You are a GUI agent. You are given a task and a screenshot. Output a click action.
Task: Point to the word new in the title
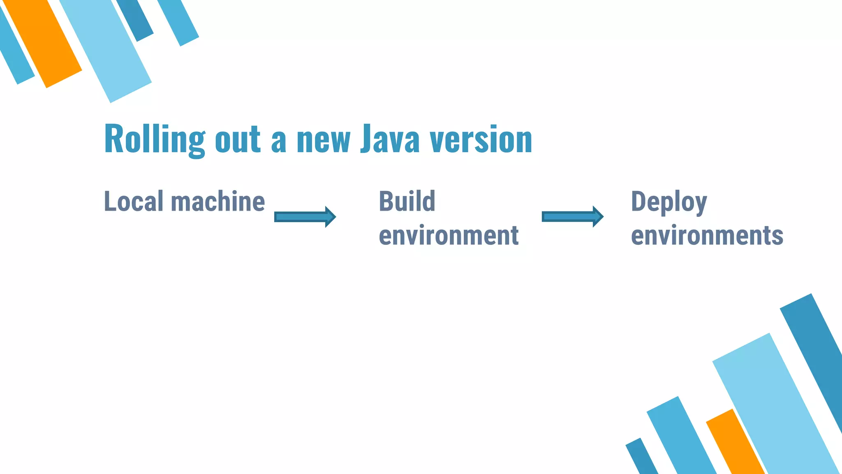[x=324, y=140]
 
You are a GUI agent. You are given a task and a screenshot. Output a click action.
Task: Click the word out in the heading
[x=238, y=140]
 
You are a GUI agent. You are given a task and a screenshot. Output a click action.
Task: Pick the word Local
[x=134, y=201]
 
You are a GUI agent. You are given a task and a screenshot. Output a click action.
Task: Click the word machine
[x=218, y=201]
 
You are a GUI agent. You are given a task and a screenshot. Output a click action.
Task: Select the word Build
[x=407, y=201]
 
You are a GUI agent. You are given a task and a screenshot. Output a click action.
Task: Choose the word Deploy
[x=669, y=202]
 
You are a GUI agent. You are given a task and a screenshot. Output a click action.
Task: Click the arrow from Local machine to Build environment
[x=305, y=217]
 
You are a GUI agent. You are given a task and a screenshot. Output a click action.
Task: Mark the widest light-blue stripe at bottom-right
[x=775, y=403]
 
